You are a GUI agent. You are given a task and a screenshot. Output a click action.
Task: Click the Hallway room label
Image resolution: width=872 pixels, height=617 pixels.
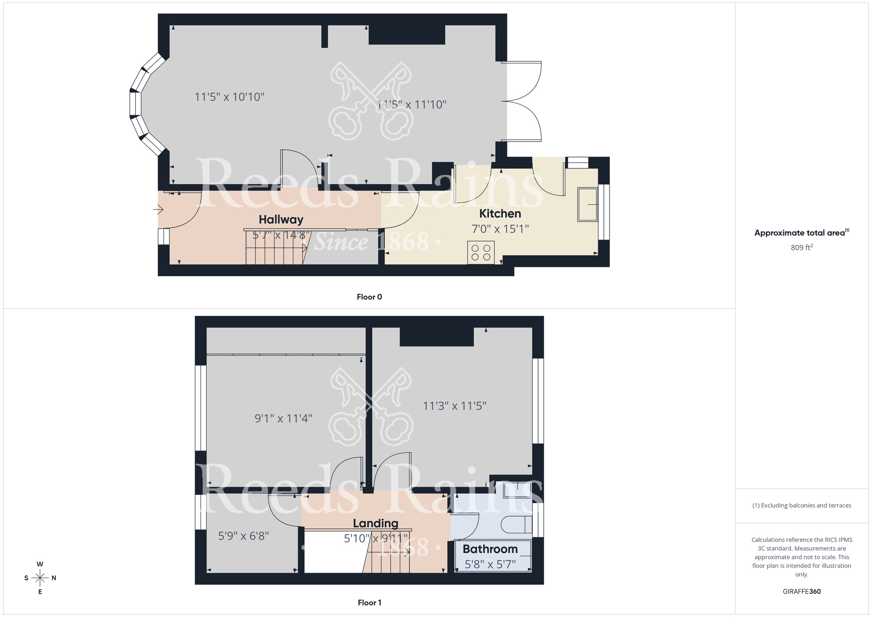[x=281, y=219]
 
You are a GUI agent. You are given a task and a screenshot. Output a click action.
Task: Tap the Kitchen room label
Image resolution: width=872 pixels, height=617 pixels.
[x=500, y=213]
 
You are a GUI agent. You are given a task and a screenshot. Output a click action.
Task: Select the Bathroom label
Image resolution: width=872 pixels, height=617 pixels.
[x=490, y=549]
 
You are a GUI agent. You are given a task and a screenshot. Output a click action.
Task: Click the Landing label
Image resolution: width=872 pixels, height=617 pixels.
[x=375, y=523]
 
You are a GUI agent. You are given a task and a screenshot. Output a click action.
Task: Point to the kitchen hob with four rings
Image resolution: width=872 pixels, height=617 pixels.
[x=481, y=253]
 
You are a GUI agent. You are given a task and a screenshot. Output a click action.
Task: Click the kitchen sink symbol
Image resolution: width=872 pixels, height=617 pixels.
[x=588, y=204]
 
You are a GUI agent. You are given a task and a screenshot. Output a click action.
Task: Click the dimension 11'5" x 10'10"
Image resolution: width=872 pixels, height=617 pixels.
[x=229, y=97]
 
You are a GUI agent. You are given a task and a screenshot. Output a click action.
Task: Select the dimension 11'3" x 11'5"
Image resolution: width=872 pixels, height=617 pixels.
[x=454, y=406]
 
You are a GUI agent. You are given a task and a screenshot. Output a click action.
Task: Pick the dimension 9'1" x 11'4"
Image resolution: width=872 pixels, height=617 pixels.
[x=283, y=418]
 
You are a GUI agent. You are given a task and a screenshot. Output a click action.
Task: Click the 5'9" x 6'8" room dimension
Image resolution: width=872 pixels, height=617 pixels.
[x=243, y=536]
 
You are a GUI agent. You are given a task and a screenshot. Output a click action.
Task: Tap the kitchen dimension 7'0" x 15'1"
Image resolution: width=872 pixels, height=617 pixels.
[x=500, y=229]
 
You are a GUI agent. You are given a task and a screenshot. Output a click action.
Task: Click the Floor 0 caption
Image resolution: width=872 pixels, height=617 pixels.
[x=369, y=297]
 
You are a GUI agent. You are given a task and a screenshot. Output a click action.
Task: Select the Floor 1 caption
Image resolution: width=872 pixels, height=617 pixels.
[x=369, y=603]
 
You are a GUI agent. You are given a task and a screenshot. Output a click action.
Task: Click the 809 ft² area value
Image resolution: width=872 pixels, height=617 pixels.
[x=801, y=247]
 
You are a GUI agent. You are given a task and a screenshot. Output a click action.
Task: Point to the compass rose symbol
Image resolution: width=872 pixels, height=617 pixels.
[x=40, y=578]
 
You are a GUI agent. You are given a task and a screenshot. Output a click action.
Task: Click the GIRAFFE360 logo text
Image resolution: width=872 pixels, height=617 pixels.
[x=801, y=592]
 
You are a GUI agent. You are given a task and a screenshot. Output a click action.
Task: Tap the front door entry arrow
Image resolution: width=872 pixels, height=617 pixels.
[x=158, y=210]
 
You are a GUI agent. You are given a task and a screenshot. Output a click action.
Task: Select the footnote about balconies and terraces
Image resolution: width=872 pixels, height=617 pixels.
[x=801, y=505]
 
